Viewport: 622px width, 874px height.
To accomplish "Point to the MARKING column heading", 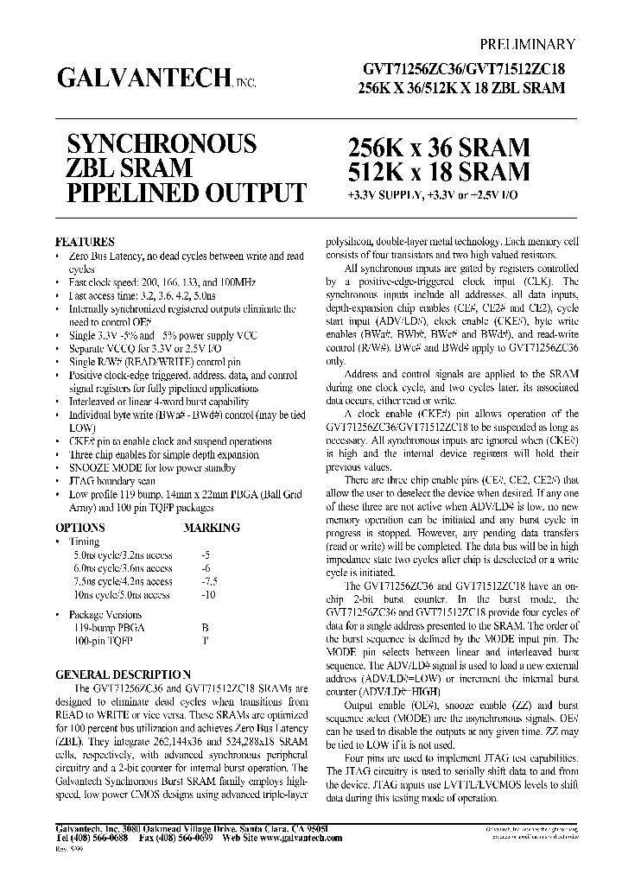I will point(212,527).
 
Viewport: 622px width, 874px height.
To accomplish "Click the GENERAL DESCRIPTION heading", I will point(123,674).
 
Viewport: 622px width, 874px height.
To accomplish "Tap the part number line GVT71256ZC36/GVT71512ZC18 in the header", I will point(462,72).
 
